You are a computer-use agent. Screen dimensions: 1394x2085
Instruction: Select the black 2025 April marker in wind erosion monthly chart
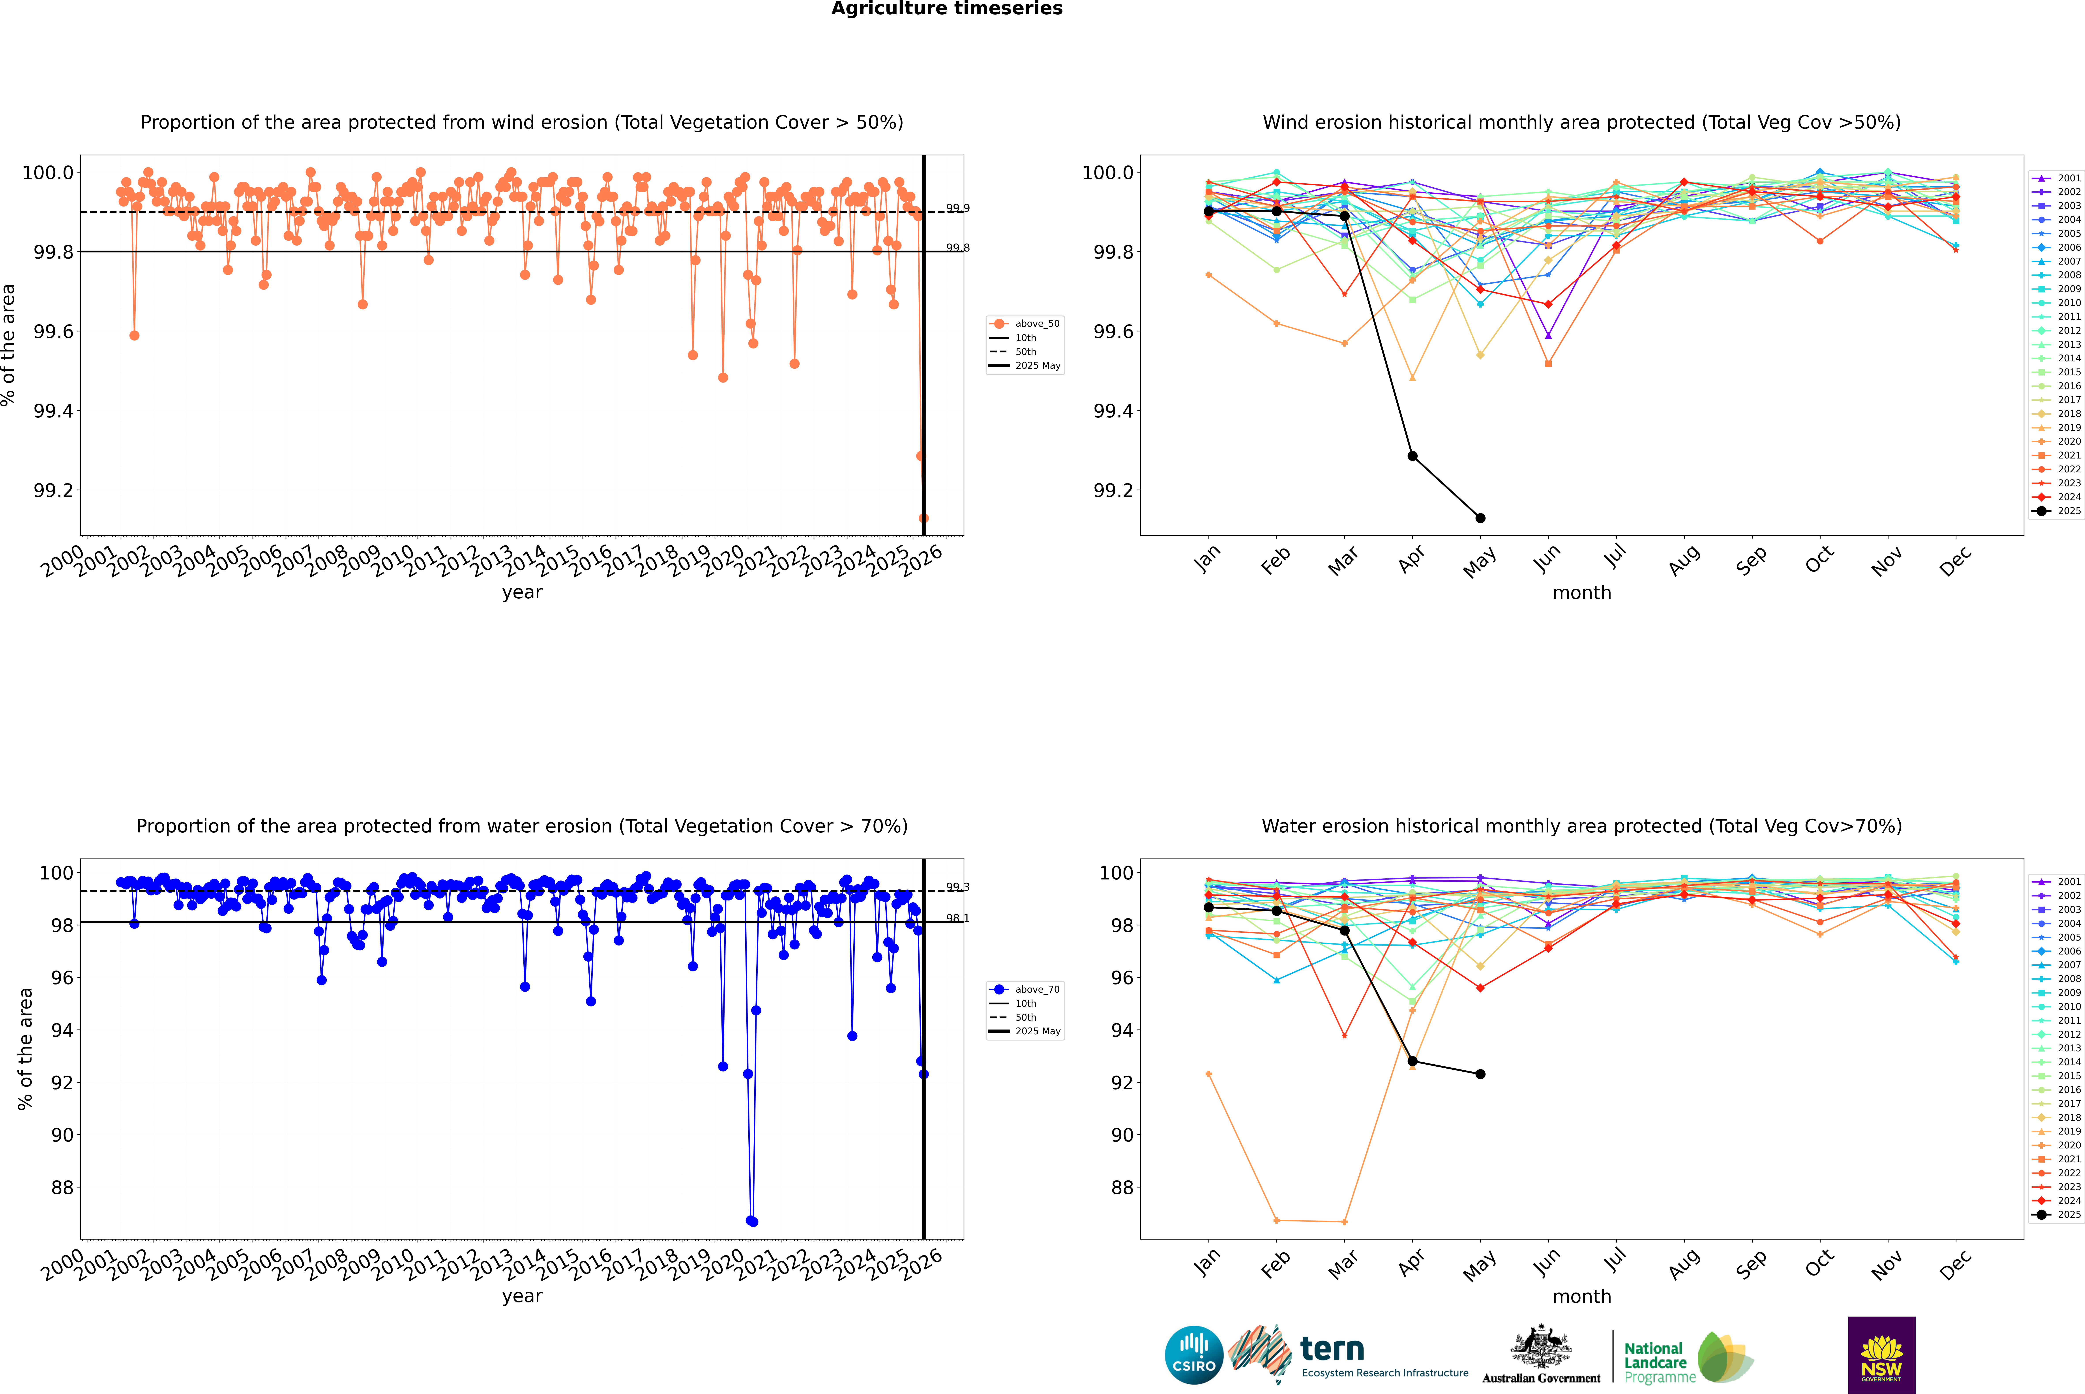click(x=1412, y=456)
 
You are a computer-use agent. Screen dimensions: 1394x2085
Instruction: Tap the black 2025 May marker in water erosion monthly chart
click(x=1480, y=1074)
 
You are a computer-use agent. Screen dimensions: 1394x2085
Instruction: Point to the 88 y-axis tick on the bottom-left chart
click(x=62, y=1188)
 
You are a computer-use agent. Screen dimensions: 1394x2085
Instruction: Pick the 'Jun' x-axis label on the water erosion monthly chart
click(x=1547, y=1262)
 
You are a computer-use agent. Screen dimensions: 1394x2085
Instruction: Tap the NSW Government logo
click(x=1881, y=1355)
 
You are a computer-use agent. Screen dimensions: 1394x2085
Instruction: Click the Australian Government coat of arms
click(x=1540, y=1347)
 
